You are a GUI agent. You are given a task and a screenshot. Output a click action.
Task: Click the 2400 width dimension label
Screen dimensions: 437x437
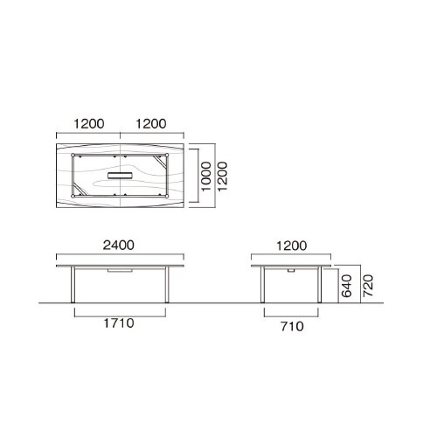click(x=119, y=246)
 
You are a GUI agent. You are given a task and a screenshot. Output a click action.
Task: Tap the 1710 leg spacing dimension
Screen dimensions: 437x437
click(x=119, y=323)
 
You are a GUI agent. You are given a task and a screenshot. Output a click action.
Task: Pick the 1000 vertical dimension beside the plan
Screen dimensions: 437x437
click(x=205, y=175)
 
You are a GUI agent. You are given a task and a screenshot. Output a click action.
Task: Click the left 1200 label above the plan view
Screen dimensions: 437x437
click(x=87, y=124)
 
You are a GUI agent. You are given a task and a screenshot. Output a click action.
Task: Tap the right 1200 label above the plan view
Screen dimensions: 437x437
click(x=151, y=124)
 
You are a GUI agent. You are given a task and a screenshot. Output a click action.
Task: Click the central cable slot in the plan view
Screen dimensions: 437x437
click(x=120, y=176)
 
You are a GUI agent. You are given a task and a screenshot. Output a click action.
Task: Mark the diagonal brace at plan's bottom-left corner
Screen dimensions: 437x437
click(x=80, y=190)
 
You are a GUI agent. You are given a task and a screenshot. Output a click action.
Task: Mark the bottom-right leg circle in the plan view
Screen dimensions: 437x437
click(x=167, y=196)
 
